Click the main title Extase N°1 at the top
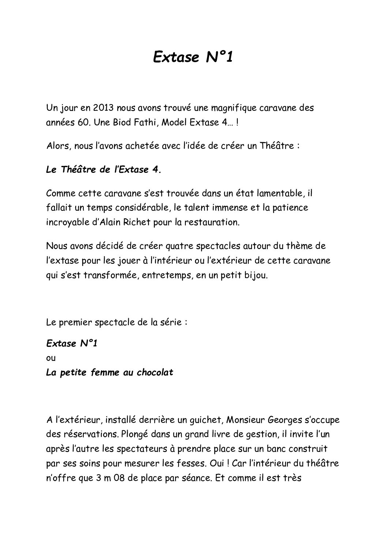tap(193, 57)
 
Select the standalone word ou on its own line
tap(51, 358)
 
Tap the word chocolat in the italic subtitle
tap(155, 373)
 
